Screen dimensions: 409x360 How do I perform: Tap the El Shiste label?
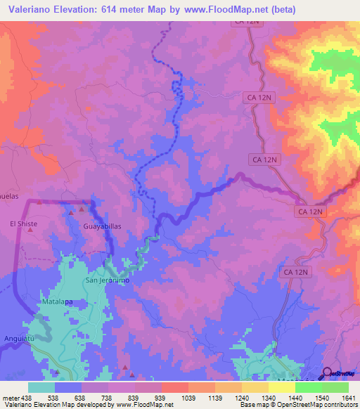coord(23,223)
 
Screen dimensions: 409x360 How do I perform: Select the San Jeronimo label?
coord(108,280)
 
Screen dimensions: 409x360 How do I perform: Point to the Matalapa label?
coord(58,301)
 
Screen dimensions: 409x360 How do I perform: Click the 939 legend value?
coord(160,397)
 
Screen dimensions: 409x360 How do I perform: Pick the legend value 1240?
coord(240,397)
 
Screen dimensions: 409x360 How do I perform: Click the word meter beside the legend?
coord(8,397)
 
